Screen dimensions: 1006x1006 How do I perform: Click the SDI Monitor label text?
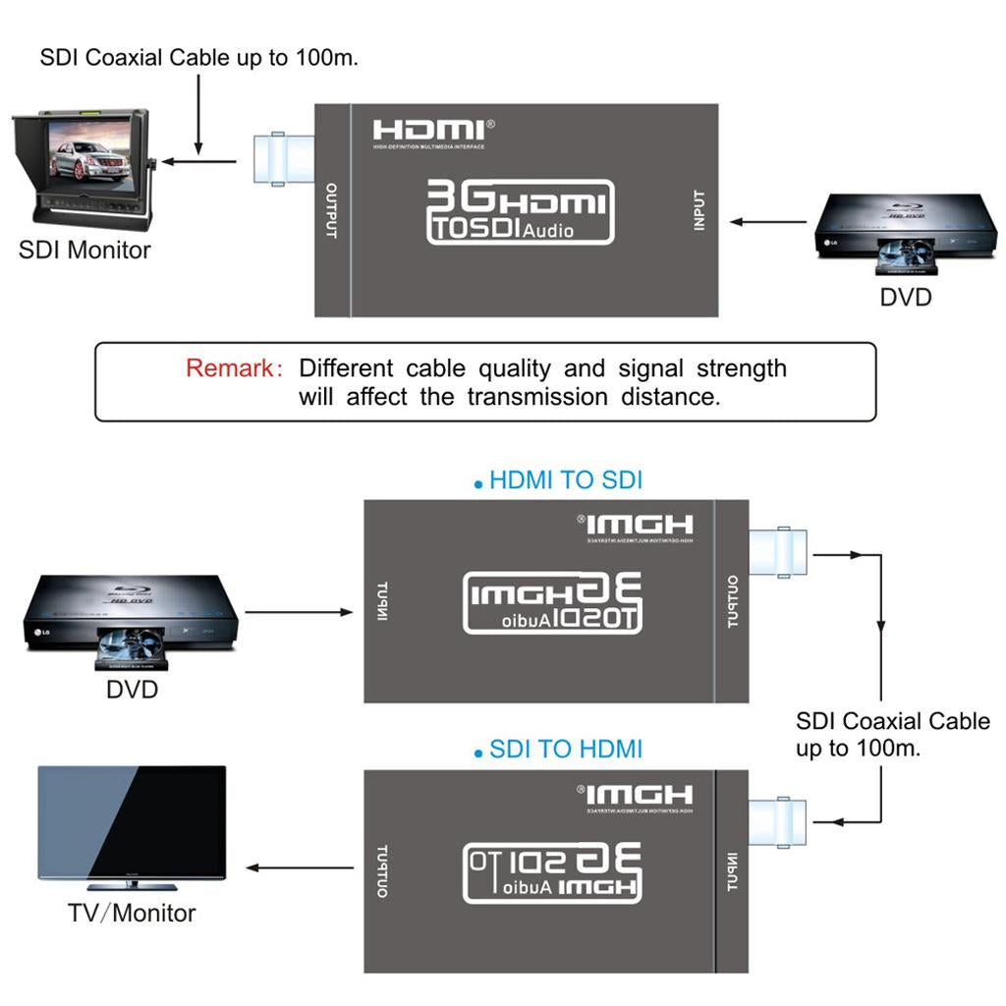tap(84, 250)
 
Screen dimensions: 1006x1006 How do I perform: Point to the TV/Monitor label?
tap(132, 913)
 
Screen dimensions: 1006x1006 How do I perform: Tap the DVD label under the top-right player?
tap(905, 296)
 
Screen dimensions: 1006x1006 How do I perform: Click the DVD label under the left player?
tap(132, 690)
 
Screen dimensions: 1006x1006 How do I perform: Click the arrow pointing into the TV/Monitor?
tap(300, 867)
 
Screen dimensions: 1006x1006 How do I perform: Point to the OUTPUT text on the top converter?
tap(331, 210)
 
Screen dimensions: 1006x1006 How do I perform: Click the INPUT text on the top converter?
tap(699, 210)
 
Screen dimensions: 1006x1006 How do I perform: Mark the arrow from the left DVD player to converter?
tap(299, 613)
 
